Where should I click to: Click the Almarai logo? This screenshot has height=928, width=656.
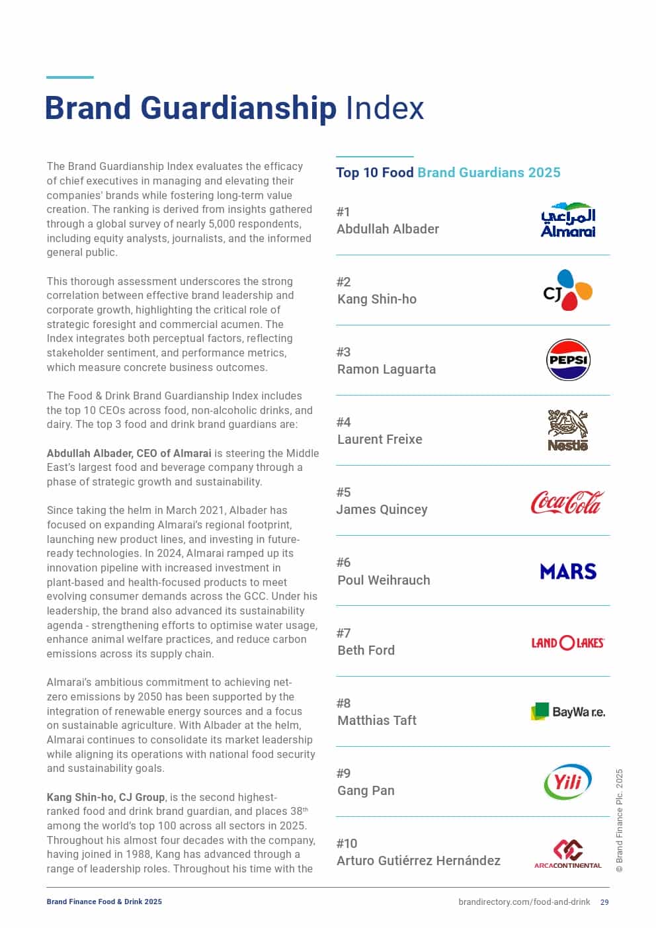coord(568,220)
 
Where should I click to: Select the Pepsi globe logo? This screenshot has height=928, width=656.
coord(568,360)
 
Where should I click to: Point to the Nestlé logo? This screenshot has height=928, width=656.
coord(567,430)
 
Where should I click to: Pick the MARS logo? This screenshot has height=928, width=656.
coord(568,571)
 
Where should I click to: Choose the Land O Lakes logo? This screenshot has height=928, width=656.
coord(567,642)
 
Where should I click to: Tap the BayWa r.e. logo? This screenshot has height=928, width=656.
coord(567,712)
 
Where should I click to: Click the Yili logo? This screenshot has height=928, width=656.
coord(567,782)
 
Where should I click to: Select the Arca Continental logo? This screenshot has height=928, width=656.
coord(567,853)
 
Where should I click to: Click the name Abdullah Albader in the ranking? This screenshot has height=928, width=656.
coord(388,229)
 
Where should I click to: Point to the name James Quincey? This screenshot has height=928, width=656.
coord(382,509)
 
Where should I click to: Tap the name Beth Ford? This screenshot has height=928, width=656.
coord(366,650)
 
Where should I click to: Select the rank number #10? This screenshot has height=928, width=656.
coord(347,843)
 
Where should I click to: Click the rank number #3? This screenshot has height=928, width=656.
coord(343,352)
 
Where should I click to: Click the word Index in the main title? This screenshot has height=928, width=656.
coord(384,108)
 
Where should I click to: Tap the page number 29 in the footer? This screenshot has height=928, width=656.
coord(604,902)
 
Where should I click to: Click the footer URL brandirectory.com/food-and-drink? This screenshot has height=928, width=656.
coord(524,902)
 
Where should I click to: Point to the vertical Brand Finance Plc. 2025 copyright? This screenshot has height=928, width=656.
coord(620,820)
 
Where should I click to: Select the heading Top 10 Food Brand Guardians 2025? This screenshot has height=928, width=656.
coord(448,173)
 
